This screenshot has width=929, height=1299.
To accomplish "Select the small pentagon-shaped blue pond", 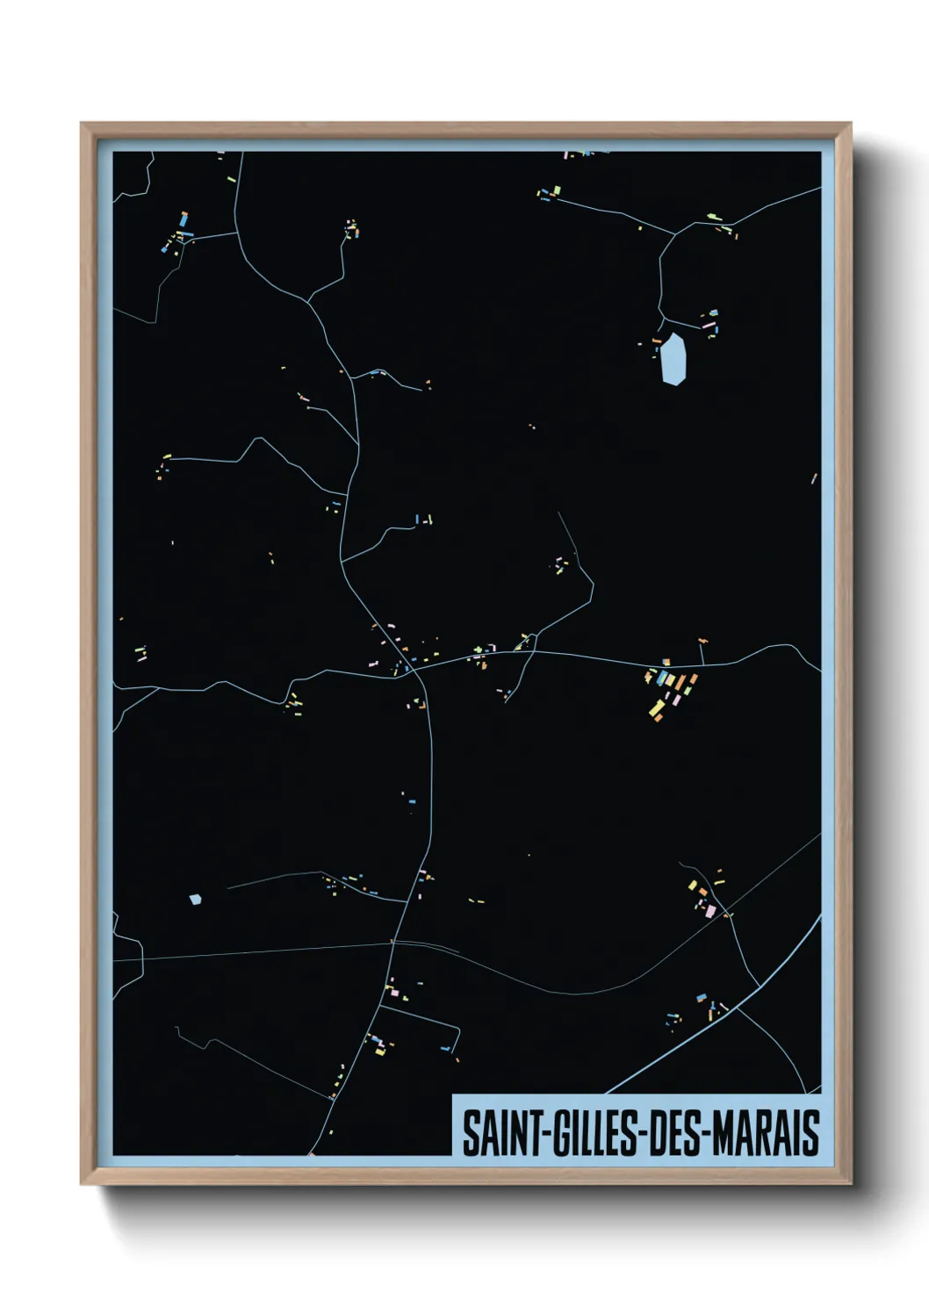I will pos(195,899).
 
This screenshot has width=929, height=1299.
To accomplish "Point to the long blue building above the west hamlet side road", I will pos(184,219).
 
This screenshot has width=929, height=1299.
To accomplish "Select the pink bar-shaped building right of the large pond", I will pos(708,325).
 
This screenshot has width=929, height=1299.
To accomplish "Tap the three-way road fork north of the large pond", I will pos(674,233).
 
